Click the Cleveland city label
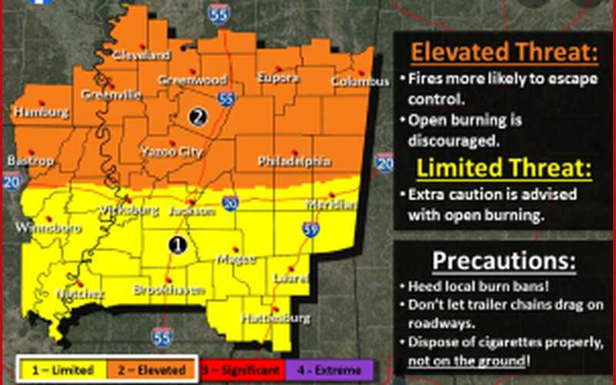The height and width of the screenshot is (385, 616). coord(141,55)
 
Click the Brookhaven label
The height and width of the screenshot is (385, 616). coord(167,290)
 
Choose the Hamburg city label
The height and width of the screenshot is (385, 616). coord(41,112)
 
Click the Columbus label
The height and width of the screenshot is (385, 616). coord(360,82)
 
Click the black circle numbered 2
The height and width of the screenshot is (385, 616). coord(197,117)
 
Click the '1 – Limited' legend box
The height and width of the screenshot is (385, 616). coord(59,370)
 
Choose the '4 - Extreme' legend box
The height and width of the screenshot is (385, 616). coord(328,370)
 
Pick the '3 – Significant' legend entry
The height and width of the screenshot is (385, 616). coord(241,370)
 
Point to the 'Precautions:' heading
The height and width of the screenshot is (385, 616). coord(504,260)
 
